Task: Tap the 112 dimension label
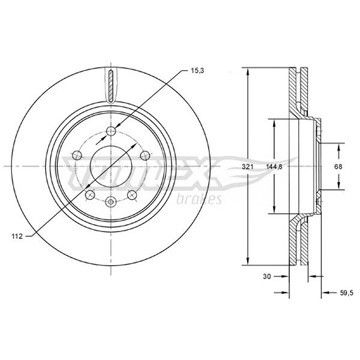point(18,236)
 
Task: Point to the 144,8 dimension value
point(275,167)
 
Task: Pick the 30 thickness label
point(266,276)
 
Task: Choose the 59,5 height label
point(347,293)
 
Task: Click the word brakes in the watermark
point(199,199)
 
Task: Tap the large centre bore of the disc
point(111,166)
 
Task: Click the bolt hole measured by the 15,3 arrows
point(111,131)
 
